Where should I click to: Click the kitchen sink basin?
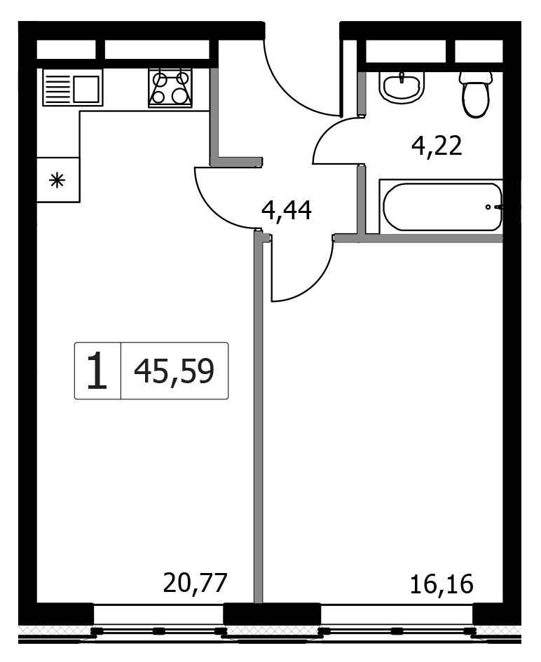(x=86, y=89)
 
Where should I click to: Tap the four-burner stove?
(x=170, y=88)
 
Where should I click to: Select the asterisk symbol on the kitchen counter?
(x=57, y=181)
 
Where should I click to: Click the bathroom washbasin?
(x=402, y=87)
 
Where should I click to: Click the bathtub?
(x=441, y=207)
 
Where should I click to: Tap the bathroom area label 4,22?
(x=437, y=146)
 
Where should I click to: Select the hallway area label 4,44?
(x=287, y=210)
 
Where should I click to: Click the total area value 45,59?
(x=174, y=371)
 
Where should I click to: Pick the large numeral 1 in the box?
(x=97, y=371)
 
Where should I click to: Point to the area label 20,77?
(x=195, y=583)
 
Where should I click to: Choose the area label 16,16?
(x=441, y=584)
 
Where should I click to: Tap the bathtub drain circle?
(x=488, y=207)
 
